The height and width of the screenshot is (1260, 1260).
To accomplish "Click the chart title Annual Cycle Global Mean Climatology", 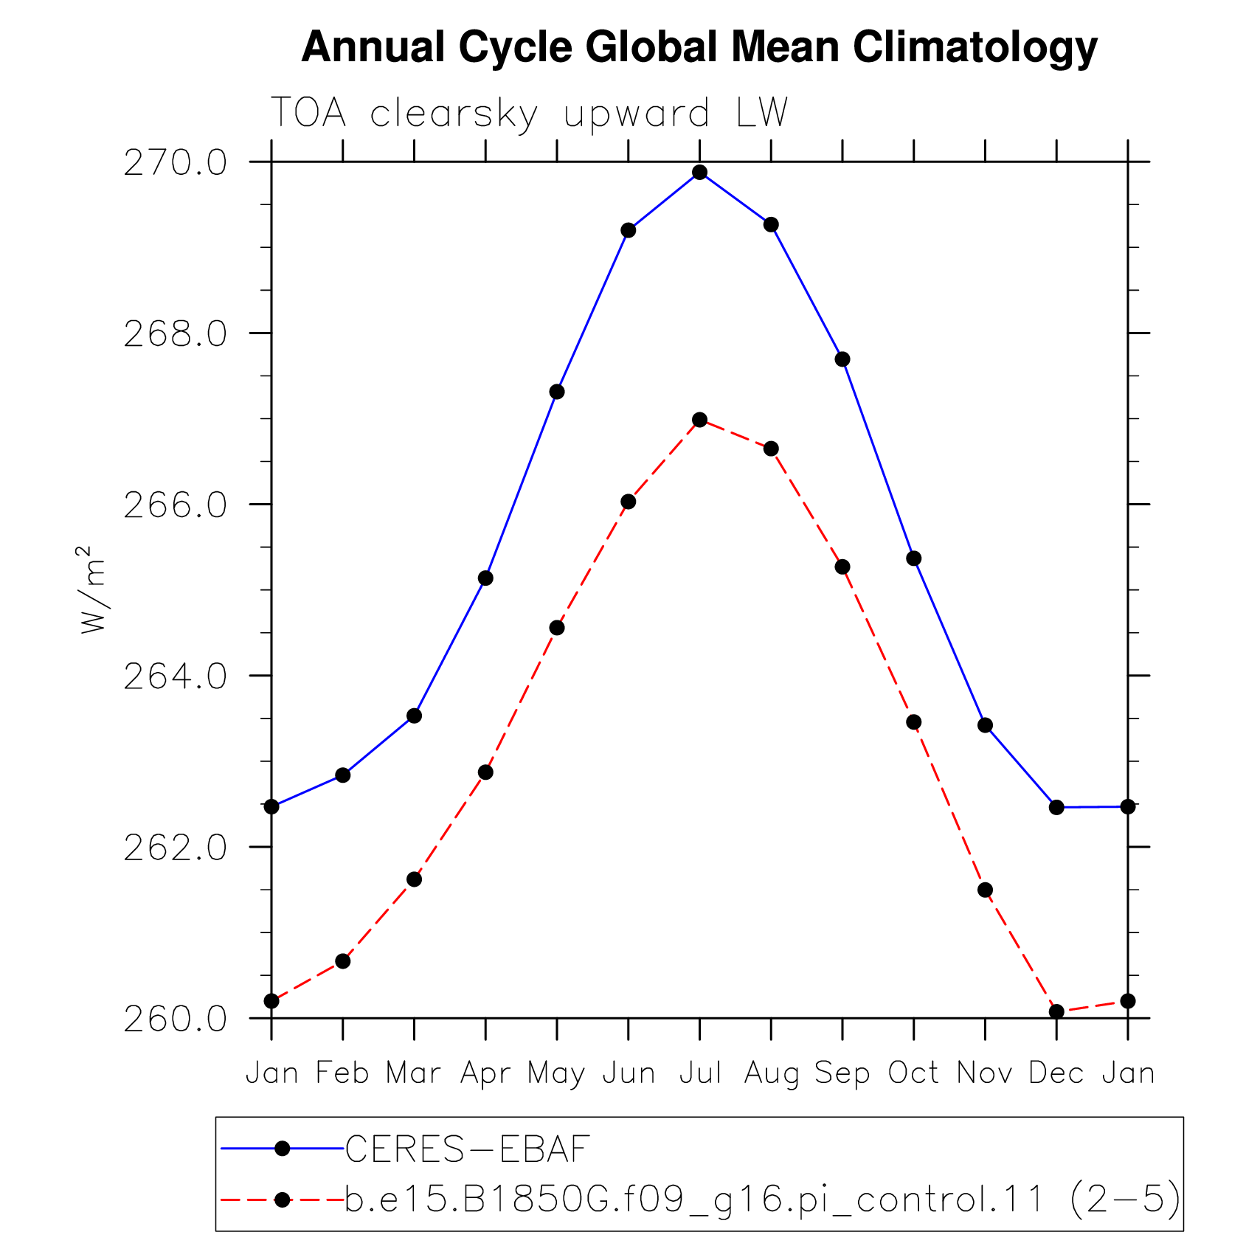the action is [x=699, y=48].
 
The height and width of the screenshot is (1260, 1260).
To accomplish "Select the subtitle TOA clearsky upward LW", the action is [x=530, y=114].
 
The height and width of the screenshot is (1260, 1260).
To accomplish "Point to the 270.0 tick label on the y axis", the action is [x=176, y=162].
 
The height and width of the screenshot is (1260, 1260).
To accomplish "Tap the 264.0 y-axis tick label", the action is [x=176, y=676].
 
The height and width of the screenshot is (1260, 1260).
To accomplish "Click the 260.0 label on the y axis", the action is [x=176, y=1019].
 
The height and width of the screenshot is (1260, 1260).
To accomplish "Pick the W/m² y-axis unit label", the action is [x=93, y=589].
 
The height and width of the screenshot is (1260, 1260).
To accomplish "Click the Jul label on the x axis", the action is [x=700, y=1073].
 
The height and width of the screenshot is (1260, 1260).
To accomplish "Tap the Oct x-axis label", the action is [x=913, y=1073].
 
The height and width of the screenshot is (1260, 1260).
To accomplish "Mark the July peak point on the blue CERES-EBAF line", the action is [x=700, y=173].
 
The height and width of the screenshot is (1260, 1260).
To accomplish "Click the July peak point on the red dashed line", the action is [x=700, y=420].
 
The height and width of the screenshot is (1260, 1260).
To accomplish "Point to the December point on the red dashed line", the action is [x=1056, y=1011].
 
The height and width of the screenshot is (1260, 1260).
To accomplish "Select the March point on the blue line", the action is [x=414, y=716].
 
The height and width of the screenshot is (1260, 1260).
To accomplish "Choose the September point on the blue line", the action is [x=842, y=359].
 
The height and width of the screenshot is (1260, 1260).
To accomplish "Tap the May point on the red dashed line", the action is [x=557, y=628].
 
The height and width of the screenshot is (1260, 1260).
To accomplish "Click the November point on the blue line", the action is [x=985, y=725].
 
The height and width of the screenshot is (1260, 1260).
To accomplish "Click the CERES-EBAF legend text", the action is [x=468, y=1149].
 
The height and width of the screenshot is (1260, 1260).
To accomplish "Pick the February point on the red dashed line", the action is [x=342, y=961].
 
